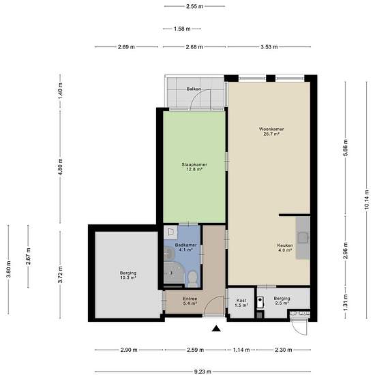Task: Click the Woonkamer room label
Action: tap(271, 129)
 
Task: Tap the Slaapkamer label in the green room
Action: tap(194, 164)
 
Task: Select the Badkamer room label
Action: tap(185, 245)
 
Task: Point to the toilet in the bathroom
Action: tap(192, 279)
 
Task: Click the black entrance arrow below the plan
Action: tap(216, 329)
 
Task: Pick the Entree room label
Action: tap(190, 299)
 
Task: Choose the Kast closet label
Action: tap(241, 301)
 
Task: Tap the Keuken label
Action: tap(285, 245)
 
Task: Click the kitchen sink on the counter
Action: tap(303, 238)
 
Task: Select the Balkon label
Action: tap(194, 89)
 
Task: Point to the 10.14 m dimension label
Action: tap(367, 200)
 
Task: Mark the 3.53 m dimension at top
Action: tap(269, 47)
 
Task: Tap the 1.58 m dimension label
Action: tap(182, 29)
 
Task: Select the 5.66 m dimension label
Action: tap(346, 148)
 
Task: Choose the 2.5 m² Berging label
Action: tap(282, 301)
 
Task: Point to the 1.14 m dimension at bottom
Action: tap(241, 350)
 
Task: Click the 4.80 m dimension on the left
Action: tap(60, 167)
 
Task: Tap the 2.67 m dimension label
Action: tap(28, 256)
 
